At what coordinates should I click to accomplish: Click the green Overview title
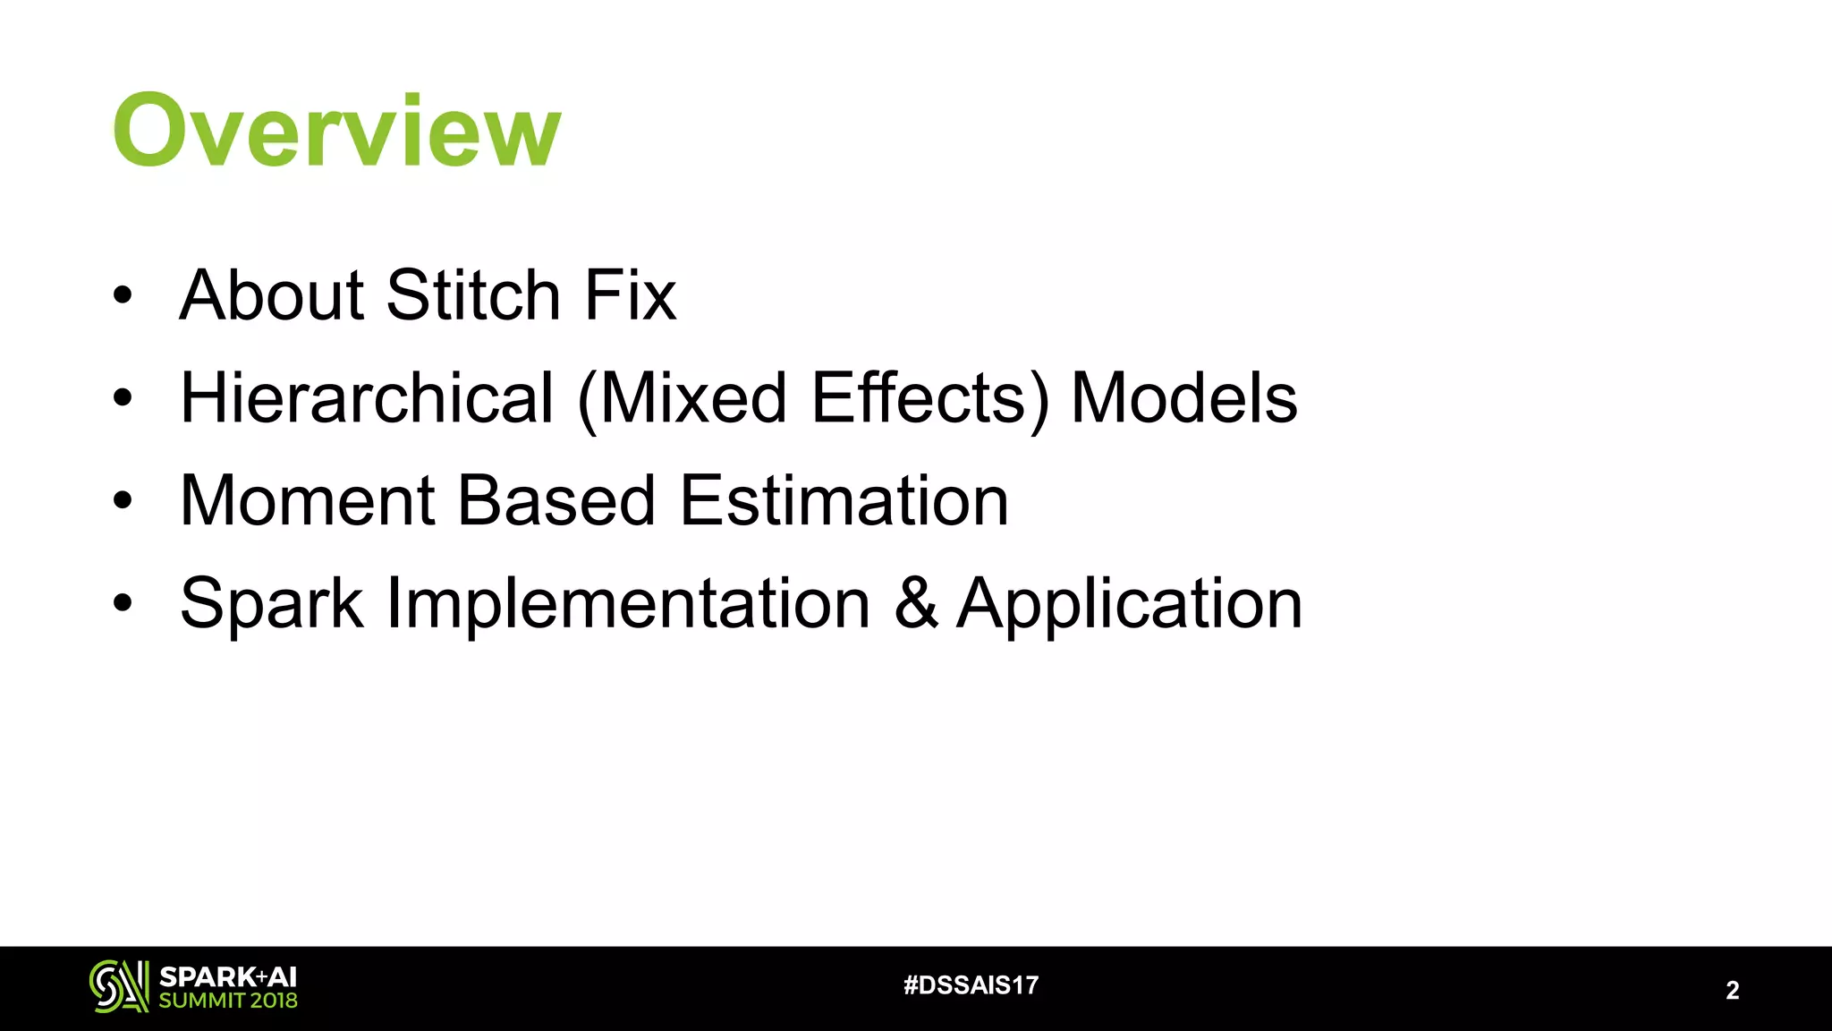(336, 131)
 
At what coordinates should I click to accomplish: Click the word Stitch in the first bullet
(473, 295)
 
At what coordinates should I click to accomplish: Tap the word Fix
(630, 295)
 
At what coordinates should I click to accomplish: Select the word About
(271, 295)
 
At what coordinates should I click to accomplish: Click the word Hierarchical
(368, 398)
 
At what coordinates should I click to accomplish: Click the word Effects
(920, 398)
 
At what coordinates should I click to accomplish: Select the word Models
(1183, 398)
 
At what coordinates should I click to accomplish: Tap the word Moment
(307, 501)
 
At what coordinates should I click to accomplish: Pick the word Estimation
(844, 501)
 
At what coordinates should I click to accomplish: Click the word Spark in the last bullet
(271, 604)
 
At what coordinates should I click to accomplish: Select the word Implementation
(628, 604)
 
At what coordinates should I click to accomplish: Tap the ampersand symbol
(916, 604)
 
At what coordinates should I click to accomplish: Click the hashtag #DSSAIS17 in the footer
(971, 985)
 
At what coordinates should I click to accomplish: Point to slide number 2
(1732, 990)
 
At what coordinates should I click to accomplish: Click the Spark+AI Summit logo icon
(119, 986)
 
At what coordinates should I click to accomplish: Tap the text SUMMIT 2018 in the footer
(227, 1001)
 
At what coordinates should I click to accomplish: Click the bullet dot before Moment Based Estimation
(123, 501)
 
